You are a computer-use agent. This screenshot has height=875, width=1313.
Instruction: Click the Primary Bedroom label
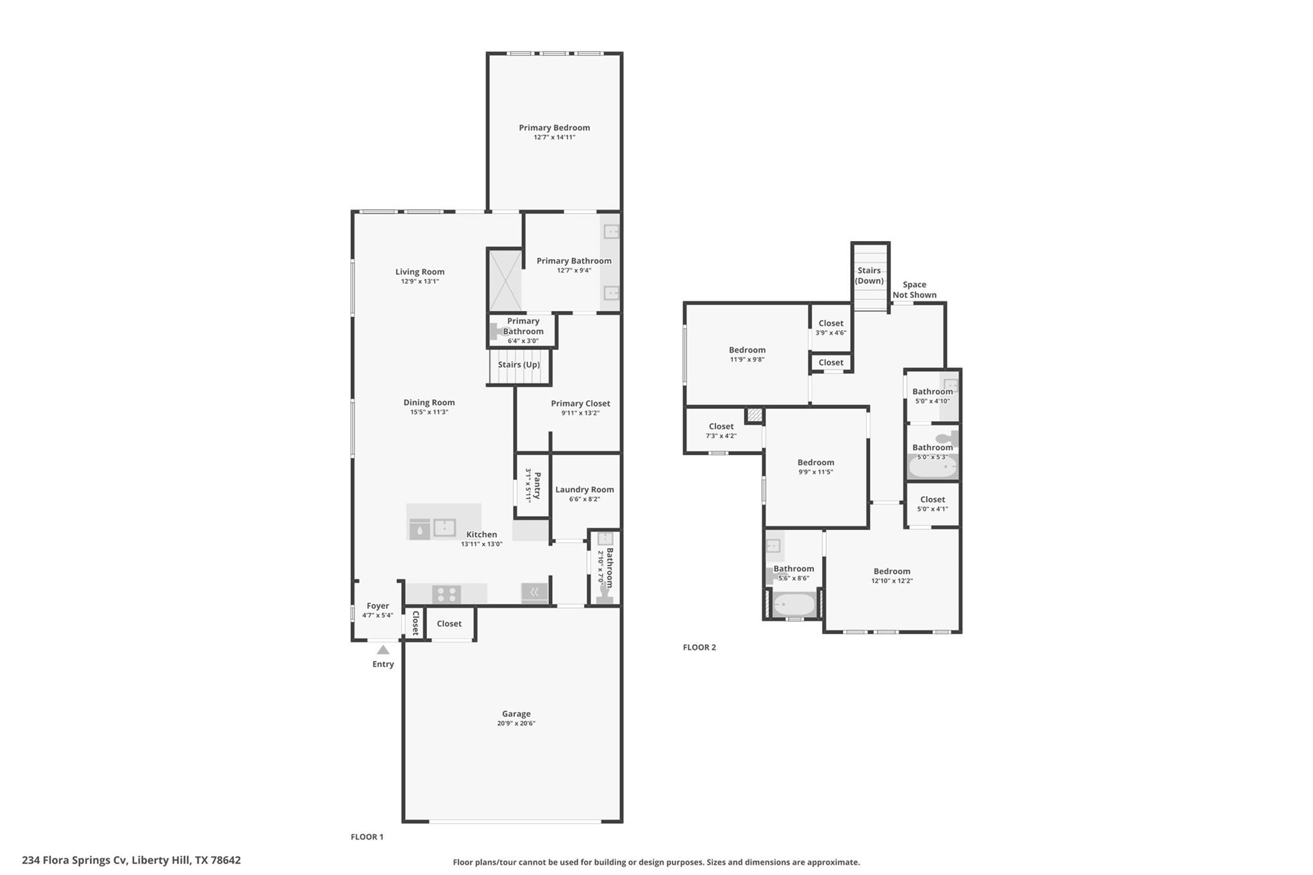click(554, 128)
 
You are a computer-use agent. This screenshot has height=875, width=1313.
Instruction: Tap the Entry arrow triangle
click(383, 650)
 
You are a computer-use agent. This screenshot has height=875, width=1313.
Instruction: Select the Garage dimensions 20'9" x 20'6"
click(515, 723)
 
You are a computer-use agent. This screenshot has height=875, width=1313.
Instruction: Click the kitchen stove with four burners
click(446, 594)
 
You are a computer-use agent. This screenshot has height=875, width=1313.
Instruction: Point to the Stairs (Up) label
click(519, 365)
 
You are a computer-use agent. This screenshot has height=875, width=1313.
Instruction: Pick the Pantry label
click(537, 485)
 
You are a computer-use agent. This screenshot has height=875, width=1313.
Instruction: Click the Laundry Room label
click(584, 489)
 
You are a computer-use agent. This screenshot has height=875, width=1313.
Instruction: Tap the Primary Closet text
click(580, 403)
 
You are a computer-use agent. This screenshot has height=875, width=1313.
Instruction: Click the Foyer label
click(378, 606)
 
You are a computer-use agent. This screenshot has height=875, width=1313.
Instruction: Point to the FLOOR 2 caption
click(699, 647)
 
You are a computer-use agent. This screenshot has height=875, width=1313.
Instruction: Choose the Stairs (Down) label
click(869, 276)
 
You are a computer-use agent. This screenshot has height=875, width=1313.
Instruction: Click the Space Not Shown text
click(914, 290)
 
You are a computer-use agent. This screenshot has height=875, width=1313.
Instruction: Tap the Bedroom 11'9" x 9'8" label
click(747, 350)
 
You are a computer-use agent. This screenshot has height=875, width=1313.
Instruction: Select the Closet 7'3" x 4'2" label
click(721, 426)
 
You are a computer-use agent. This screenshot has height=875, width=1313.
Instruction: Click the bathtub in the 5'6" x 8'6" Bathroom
click(794, 604)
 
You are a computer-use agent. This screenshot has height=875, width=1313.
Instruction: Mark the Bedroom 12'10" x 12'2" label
click(891, 571)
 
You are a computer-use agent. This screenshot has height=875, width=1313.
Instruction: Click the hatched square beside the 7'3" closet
click(755, 415)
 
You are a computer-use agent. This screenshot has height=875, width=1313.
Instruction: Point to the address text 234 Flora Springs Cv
click(131, 860)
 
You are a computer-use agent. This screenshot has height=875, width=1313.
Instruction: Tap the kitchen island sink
click(444, 528)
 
